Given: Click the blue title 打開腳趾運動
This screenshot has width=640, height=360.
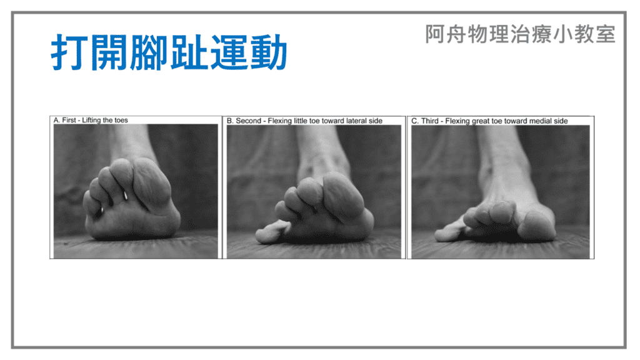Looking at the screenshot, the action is tap(169, 52).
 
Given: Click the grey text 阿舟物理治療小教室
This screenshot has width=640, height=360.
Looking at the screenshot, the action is tap(520, 34).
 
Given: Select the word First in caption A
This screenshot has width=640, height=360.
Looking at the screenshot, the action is tap(69, 120).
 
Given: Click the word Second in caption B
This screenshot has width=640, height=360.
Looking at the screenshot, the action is tap(248, 121).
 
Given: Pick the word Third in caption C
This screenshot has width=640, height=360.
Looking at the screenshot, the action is tap(430, 121).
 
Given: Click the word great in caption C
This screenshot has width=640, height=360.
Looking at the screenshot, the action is tap(481, 121).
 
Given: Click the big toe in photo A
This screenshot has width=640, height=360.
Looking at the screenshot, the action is tap(151, 183).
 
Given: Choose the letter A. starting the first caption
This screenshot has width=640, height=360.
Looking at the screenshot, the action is tap(57, 120).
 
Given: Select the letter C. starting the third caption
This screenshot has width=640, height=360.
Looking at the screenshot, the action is tap(415, 121).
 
